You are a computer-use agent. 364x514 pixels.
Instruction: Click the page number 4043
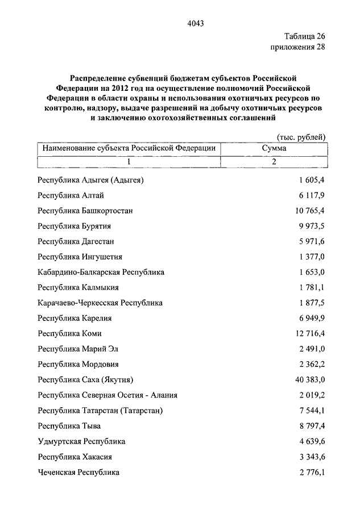[195, 23]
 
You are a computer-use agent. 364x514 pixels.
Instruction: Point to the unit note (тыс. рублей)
[301, 137]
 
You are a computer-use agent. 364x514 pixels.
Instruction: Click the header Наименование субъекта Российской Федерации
[129, 148]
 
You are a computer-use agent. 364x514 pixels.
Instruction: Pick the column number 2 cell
[274, 162]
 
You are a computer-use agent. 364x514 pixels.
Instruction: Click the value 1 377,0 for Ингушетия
[311, 257]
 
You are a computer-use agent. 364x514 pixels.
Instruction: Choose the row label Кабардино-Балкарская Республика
[101, 272]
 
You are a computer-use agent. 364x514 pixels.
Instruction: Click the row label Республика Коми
[69, 333]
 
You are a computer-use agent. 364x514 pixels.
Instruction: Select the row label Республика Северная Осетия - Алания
[107, 395]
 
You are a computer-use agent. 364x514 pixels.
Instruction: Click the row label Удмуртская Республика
[81, 441]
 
